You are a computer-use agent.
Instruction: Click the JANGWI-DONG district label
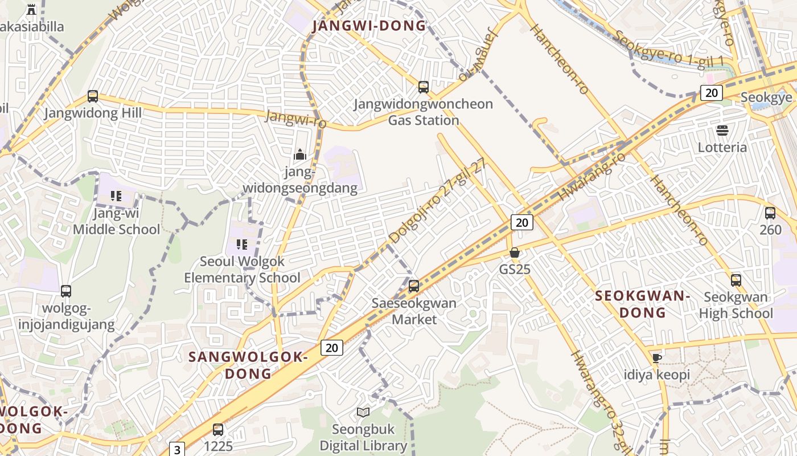[x=369, y=26]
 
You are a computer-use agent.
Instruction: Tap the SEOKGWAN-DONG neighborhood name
[x=642, y=304]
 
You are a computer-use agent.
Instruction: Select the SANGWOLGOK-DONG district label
[x=248, y=365]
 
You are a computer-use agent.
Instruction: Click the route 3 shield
[x=177, y=450]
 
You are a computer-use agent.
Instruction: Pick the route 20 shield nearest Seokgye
[x=711, y=93]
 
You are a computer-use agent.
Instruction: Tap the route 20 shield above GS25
[x=521, y=222]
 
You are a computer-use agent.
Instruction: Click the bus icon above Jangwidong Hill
[x=93, y=96]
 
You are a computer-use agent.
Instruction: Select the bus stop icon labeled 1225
[x=218, y=430]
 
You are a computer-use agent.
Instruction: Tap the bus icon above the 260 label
[x=770, y=213]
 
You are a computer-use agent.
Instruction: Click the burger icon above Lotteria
[x=722, y=131]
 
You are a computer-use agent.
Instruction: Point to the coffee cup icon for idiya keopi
[x=656, y=359]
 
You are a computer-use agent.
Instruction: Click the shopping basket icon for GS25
[x=515, y=253]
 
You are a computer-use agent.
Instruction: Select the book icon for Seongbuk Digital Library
[x=363, y=412]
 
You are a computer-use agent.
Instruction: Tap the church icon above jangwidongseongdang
[x=300, y=154]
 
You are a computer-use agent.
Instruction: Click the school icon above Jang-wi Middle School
[x=116, y=197]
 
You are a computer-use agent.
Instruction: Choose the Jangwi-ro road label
[x=296, y=119]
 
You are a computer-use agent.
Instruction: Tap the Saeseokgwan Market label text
[x=414, y=311]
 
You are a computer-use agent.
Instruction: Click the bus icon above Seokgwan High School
[x=736, y=280]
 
